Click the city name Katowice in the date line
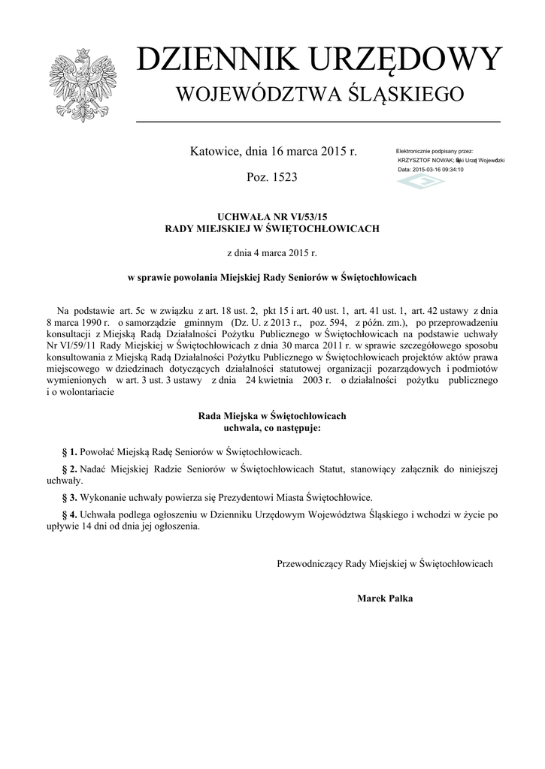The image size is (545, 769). click(215, 151)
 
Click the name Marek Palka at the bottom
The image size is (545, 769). click(385, 599)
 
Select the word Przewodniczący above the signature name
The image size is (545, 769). click(310, 563)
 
